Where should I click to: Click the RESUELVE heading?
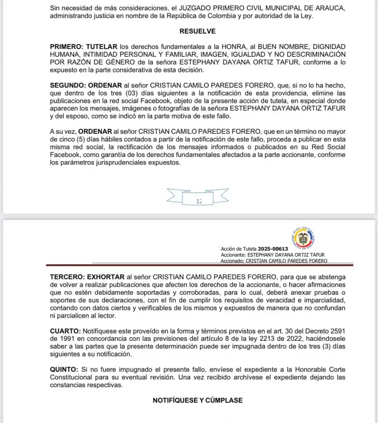198,31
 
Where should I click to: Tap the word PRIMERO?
67,47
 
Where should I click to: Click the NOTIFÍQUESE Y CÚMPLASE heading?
198,400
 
